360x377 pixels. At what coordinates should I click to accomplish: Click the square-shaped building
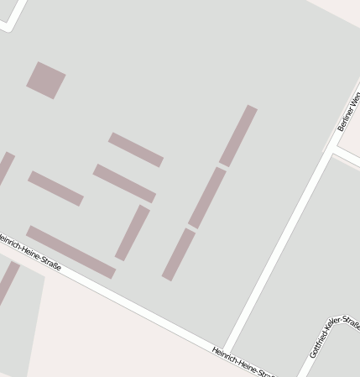pyautogui.click(x=46, y=80)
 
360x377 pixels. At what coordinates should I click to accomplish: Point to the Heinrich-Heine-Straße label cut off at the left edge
pyautogui.click(x=30, y=250)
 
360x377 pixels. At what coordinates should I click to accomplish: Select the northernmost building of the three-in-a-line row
pyautogui.click(x=238, y=135)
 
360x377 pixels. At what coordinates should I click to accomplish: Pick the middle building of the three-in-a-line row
pyautogui.click(x=207, y=197)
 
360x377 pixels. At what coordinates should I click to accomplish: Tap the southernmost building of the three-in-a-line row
pyautogui.click(x=179, y=254)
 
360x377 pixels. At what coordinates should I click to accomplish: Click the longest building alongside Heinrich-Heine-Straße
pyautogui.click(x=70, y=252)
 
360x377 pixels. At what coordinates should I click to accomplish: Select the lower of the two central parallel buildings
pyautogui.click(x=124, y=183)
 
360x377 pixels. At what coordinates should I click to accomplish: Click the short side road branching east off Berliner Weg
pyautogui.click(x=347, y=159)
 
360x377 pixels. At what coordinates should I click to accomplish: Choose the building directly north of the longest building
pyautogui.click(x=55, y=188)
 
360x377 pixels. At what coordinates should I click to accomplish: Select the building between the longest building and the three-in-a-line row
pyautogui.click(x=133, y=233)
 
